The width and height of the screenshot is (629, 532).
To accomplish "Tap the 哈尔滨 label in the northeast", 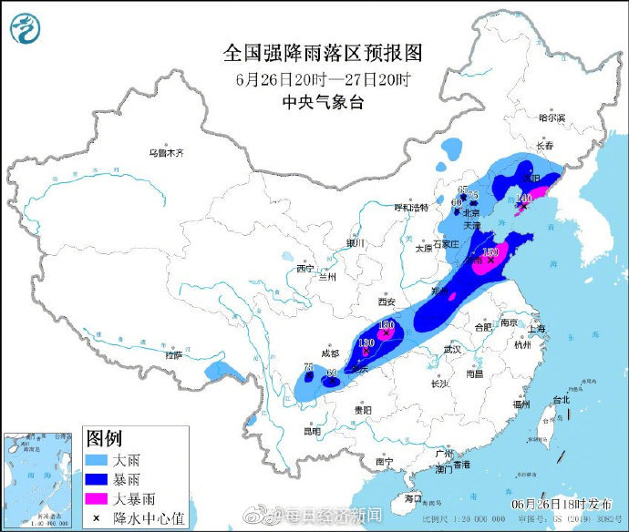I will click(x=552, y=118).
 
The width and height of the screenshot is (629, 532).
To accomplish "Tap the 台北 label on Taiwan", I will click(x=560, y=399).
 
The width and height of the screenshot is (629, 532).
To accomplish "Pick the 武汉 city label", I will click(x=452, y=349).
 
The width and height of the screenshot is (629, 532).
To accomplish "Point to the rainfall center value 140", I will click(x=523, y=198).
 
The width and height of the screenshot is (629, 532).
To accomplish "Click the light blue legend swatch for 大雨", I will click(x=98, y=456).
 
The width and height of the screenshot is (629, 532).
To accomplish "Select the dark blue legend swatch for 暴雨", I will click(x=98, y=477).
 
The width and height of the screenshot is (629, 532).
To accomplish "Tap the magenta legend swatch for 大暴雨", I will click(x=98, y=498).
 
